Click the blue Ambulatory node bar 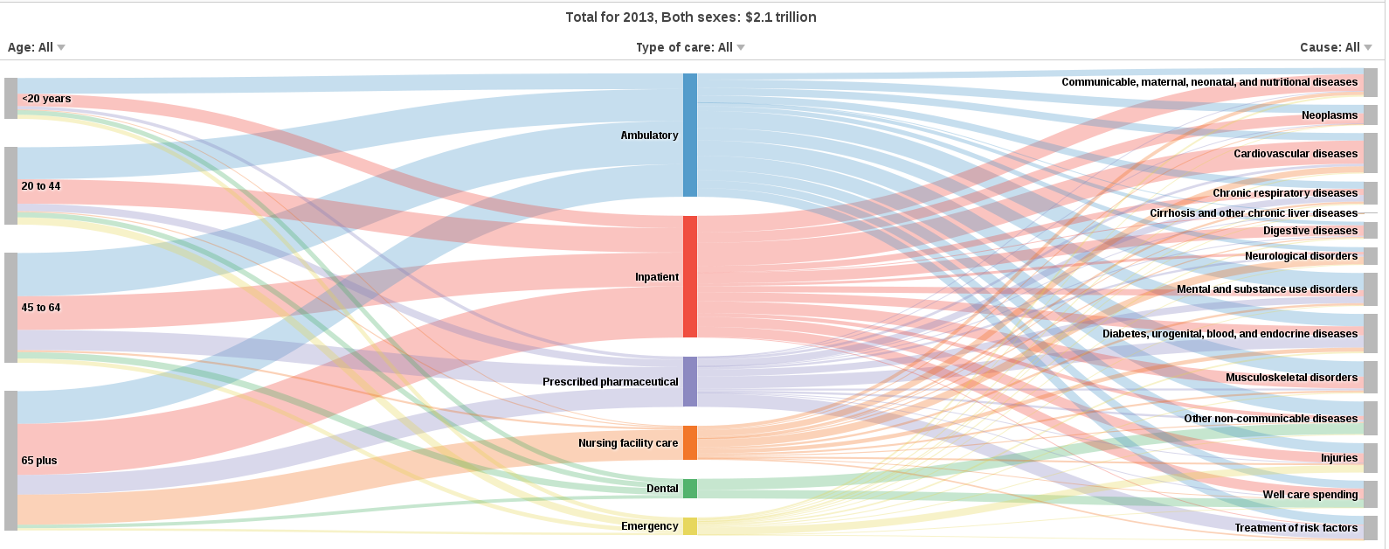coord(689,135)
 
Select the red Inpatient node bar coord(689,276)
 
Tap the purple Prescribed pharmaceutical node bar coord(689,381)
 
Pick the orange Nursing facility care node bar coord(689,442)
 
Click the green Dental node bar coord(689,489)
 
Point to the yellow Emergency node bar coord(689,525)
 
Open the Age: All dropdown coord(37,47)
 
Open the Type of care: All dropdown coord(690,47)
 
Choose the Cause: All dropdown coord(1336,47)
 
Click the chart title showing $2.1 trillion coord(690,17)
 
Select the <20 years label coord(46,99)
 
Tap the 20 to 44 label coord(41,186)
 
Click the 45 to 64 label coord(41,308)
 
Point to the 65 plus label coord(39,461)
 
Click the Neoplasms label coord(1329,115)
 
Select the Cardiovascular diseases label coord(1296,154)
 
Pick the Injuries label coord(1338,458)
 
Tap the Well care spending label coord(1310,495)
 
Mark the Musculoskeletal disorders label coord(1291,378)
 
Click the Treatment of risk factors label coord(1296,528)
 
